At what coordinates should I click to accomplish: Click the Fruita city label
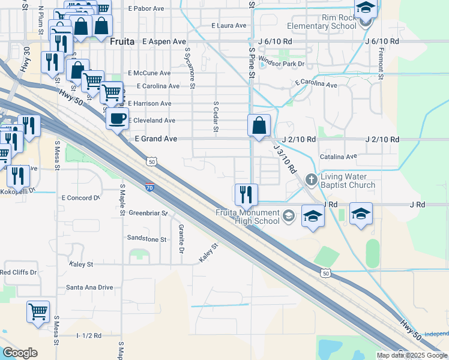click(123, 41)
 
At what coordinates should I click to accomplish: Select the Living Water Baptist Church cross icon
click(311, 179)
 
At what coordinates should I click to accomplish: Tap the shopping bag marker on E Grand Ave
click(259, 127)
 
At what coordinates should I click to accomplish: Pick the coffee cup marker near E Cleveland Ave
click(117, 118)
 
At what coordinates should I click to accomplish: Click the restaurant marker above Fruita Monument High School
click(246, 194)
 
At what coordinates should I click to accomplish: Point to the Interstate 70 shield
click(149, 188)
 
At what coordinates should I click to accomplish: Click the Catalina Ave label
click(339, 156)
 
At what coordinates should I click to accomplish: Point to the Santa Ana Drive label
click(89, 287)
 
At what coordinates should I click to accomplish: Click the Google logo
click(20, 353)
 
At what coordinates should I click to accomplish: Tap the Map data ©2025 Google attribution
click(412, 355)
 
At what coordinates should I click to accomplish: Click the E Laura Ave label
click(229, 26)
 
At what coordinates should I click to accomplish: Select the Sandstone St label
click(146, 239)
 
